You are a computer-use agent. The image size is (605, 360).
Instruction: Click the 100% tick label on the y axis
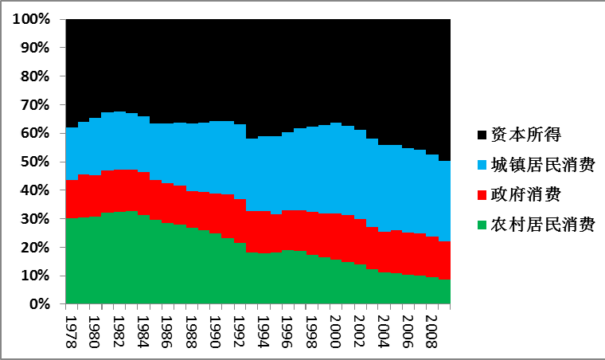tap(33, 19)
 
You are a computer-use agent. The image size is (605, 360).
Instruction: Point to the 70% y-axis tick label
tap(36, 105)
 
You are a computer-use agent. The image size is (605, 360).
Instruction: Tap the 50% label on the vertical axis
tap(36, 162)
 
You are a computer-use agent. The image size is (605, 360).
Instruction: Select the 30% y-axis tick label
tap(36, 219)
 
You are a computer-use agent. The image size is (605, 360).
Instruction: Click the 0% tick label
tap(40, 304)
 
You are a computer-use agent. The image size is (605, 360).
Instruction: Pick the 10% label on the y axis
tap(36, 276)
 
